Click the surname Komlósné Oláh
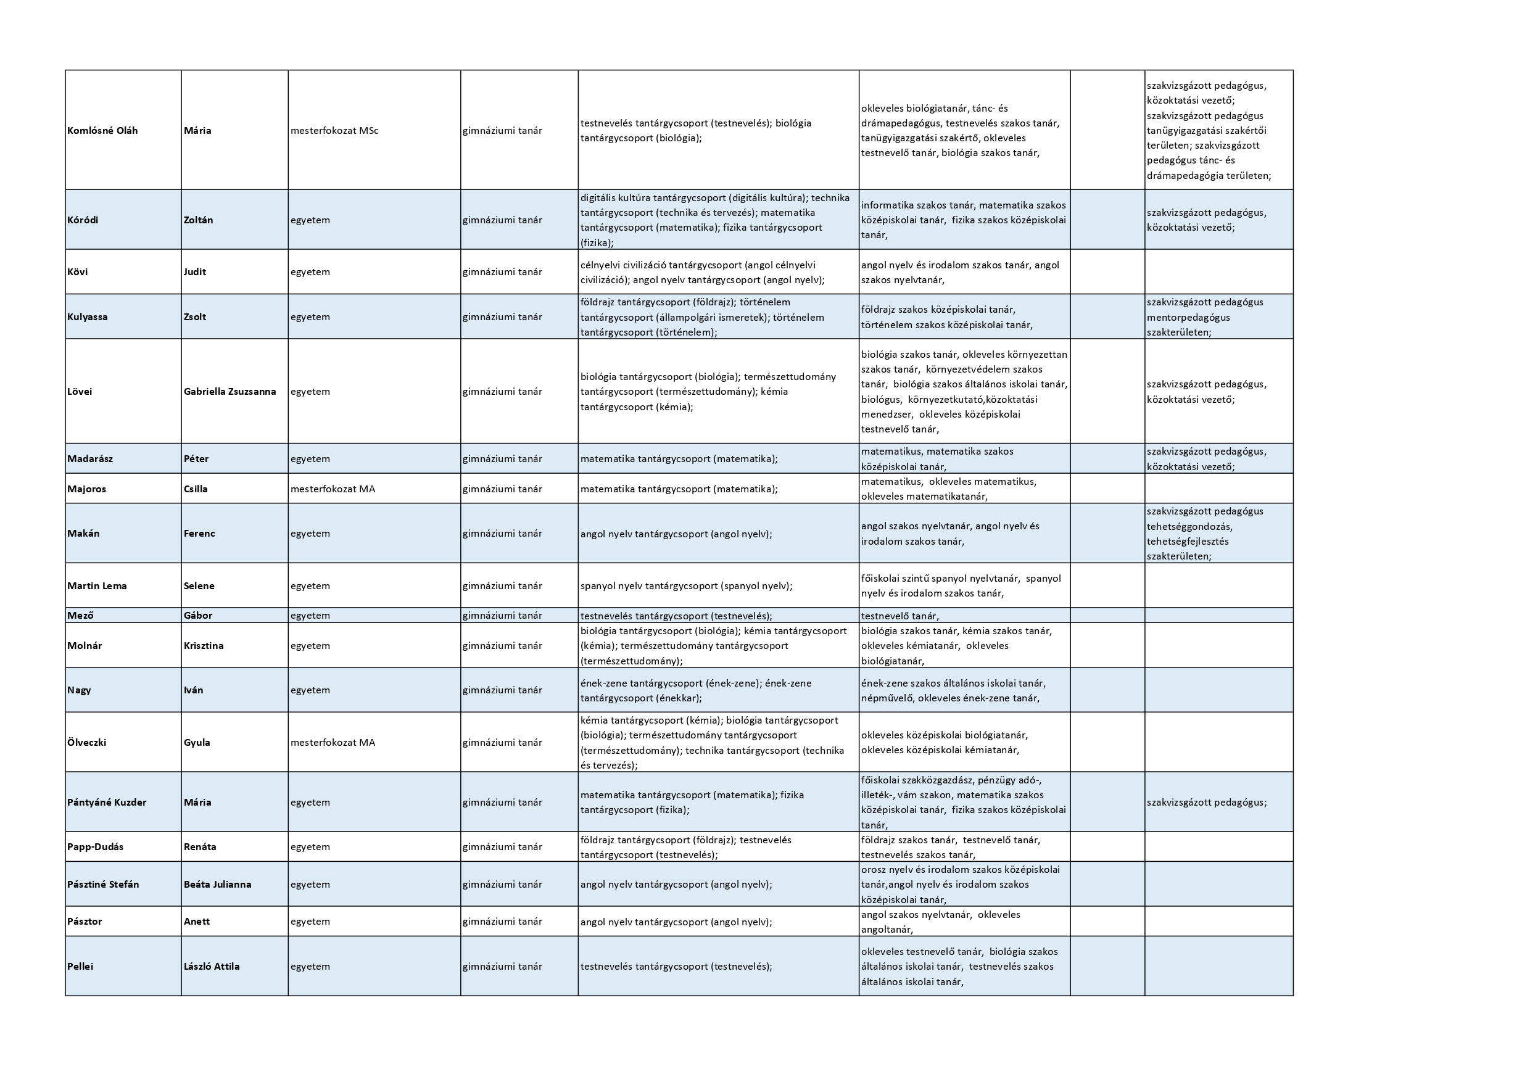tap(102, 131)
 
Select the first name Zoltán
tap(199, 220)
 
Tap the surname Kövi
tap(78, 272)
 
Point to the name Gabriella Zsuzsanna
tap(230, 392)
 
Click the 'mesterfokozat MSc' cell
tap(334, 131)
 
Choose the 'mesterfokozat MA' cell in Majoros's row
tap(333, 489)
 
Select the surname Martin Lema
tap(97, 586)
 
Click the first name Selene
tap(199, 586)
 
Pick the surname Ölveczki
tap(86, 743)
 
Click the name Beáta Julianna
tap(217, 885)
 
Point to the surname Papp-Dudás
tap(95, 848)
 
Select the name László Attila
tap(211, 967)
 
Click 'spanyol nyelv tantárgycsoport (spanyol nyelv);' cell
tap(687, 586)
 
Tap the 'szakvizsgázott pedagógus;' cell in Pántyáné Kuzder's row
tap(1207, 803)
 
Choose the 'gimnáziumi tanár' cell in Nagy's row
tap(502, 690)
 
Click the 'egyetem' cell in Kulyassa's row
tap(310, 317)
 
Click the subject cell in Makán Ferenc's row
tap(676, 534)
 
